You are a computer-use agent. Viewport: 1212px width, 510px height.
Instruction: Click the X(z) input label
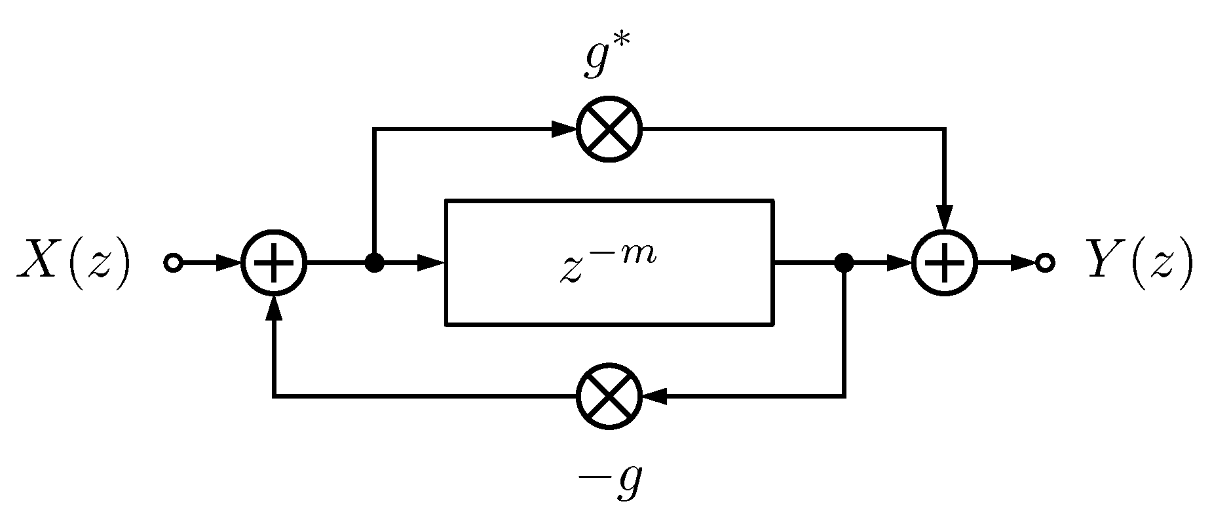tap(74, 264)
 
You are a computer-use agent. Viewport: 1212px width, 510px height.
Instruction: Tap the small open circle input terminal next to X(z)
tap(173, 264)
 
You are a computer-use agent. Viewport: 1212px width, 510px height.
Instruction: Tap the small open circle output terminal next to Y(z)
tap(1046, 264)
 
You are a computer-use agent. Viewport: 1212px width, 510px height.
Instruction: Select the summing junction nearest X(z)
tap(274, 264)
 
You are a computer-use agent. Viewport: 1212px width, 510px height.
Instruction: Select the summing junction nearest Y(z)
tap(944, 264)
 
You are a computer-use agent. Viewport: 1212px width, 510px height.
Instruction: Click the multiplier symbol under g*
tap(609, 129)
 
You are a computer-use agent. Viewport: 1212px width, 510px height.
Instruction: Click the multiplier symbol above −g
tap(609, 397)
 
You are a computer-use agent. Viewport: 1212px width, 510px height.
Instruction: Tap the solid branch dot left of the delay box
tap(374, 264)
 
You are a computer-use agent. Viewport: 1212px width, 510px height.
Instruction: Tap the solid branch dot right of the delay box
tap(844, 264)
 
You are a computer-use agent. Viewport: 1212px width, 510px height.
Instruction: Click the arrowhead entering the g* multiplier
tap(563, 129)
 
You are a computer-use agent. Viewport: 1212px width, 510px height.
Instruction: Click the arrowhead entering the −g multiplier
tap(655, 397)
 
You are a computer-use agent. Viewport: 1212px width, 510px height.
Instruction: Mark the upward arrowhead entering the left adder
tap(274, 309)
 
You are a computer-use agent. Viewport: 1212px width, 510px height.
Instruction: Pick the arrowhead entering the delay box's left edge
tap(431, 264)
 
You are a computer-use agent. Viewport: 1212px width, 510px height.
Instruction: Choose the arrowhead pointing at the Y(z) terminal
tap(1023, 264)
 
